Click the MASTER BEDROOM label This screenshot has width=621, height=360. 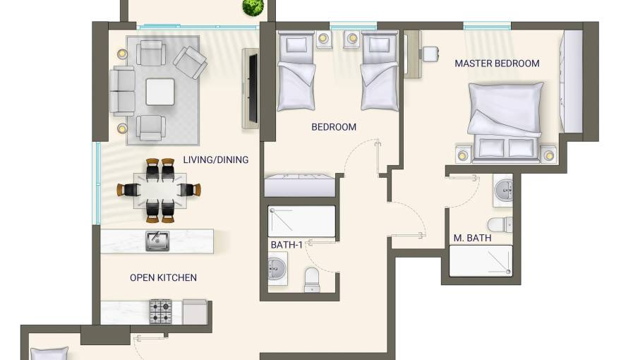coord(497,64)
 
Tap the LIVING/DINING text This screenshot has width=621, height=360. coord(215,160)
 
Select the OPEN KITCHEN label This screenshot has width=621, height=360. coord(163,277)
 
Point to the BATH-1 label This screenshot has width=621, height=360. coord(287,245)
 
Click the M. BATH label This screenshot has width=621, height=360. coord(472,238)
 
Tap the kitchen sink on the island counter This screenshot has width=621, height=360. coord(157,241)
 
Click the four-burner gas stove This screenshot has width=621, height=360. coord(160,311)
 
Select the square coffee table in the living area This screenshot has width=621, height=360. coord(160,92)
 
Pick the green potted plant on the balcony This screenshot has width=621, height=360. coord(253,7)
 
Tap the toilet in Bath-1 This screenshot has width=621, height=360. coord(312,280)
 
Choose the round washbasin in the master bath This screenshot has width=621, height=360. coord(504,190)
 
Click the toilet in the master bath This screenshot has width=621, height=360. coord(500,224)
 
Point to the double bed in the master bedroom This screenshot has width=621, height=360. coord(505,122)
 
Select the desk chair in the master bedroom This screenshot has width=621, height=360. coord(430,54)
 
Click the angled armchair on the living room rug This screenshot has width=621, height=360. coord(190,62)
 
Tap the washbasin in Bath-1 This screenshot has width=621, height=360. coord(277,269)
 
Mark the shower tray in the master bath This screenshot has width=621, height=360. coord(481,260)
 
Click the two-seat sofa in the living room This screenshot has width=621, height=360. coord(122,91)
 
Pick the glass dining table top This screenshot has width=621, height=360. coord(160,190)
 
